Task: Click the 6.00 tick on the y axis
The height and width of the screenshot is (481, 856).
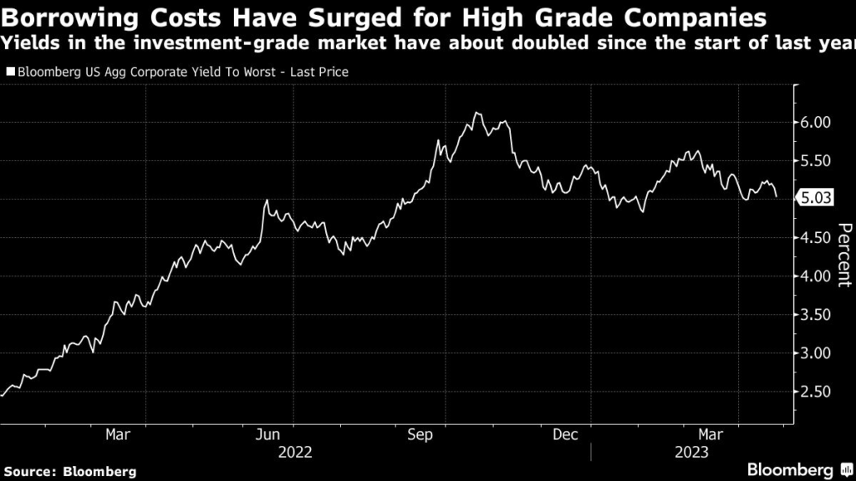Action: pyautogui.click(x=816, y=122)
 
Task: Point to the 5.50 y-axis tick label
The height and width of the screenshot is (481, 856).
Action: pyautogui.click(x=816, y=160)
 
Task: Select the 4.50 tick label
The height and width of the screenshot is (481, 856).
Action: pyautogui.click(x=816, y=237)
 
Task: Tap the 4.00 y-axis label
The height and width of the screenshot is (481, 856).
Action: pyautogui.click(x=816, y=276)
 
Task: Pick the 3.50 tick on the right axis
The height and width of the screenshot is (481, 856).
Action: pyautogui.click(x=816, y=315)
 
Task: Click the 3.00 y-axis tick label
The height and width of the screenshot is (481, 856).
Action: pyautogui.click(x=816, y=353)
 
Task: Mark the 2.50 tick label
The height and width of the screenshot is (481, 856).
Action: pyautogui.click(x=816, y=392)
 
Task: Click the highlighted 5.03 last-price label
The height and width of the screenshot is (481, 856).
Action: pyautogui.click(x=816, y=199)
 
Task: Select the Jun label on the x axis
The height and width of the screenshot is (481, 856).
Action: pyautogui.click(x=267, y=434)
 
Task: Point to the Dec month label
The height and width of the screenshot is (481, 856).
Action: pyautogui.click(x=566, y=434)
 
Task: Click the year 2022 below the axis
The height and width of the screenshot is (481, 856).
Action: pyautogui.click(x=295, y=453)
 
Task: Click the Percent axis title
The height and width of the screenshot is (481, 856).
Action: pyautogui.click(x=844, y=255)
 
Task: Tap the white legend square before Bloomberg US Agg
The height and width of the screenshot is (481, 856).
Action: pyautogui.click(x=10, y=73)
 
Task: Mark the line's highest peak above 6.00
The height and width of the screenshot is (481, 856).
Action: pyautogui.click(x=476, y=113)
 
